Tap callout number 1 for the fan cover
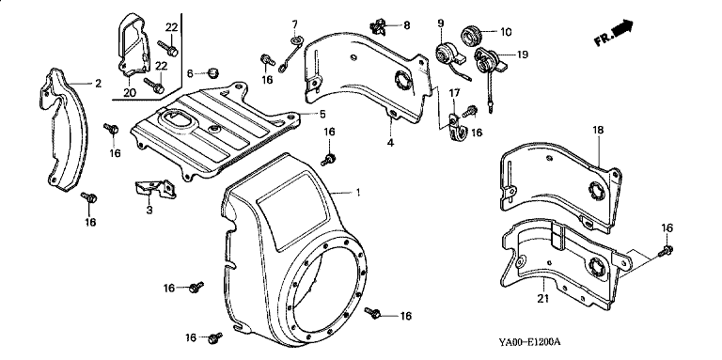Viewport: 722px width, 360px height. (x=357, y=194)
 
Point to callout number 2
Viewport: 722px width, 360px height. (x=98, y=84)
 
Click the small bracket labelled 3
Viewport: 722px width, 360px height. (x=156, y=190)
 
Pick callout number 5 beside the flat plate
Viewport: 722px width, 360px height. (x=322, y=113)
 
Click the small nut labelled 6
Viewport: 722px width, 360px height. (x=212, y=72)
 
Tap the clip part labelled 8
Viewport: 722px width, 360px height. (x=378, y=27)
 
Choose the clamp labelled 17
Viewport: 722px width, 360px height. (x=456, y=127)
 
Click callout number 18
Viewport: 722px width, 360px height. (x=598, y=131)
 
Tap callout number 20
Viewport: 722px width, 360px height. (x=130, y=92)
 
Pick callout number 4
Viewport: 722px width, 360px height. (x=390, y=143)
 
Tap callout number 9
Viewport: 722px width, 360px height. (x=440, y=23)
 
